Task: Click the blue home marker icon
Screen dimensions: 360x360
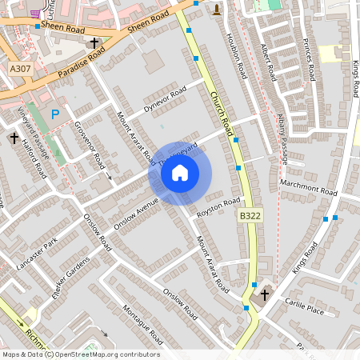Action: pyautogui.click(x=180, y=172)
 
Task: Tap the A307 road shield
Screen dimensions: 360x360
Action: pyautogui.click(x=22, y=70)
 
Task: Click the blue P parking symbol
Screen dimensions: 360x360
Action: pyautogui.click(x=55, y=115)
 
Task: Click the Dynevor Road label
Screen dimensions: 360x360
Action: pyautogui.click(x=164, y=98)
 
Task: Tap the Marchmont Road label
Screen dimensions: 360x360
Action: pyautogui.click(x=308, y=189)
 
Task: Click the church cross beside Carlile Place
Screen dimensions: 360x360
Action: pyautogui.click(x=265, y=295)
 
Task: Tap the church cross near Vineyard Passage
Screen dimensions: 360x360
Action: pyautogui.click(x=14, y=138)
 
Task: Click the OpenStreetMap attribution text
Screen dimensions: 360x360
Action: pyautogui.click(x=80, y=354)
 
